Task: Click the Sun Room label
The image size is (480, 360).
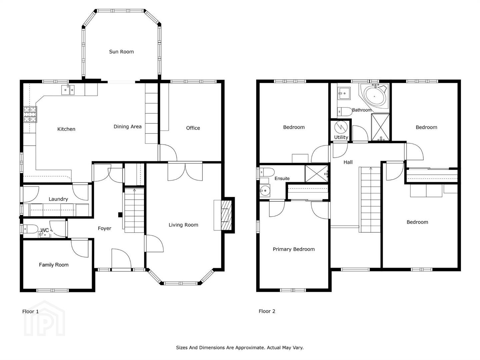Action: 121,52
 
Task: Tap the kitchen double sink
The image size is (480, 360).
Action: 68,90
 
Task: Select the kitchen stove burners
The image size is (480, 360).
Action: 30,114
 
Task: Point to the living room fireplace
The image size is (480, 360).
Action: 226,215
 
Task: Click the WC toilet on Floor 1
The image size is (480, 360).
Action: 31,229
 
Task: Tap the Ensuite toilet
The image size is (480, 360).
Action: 267,172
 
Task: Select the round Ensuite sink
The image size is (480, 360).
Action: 265,191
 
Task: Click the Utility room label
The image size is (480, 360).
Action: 341,137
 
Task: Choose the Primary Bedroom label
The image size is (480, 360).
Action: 294,249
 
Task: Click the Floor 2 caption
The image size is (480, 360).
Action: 267,311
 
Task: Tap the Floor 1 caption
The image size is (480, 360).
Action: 30,311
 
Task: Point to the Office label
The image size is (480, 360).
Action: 193,128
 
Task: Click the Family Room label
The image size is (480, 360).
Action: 54,265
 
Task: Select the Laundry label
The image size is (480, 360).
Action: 58,199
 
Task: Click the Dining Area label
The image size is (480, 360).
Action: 127,127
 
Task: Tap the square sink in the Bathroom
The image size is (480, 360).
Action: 344,94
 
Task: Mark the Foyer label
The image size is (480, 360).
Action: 105,228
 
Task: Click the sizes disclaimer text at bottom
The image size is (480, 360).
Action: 240,348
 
